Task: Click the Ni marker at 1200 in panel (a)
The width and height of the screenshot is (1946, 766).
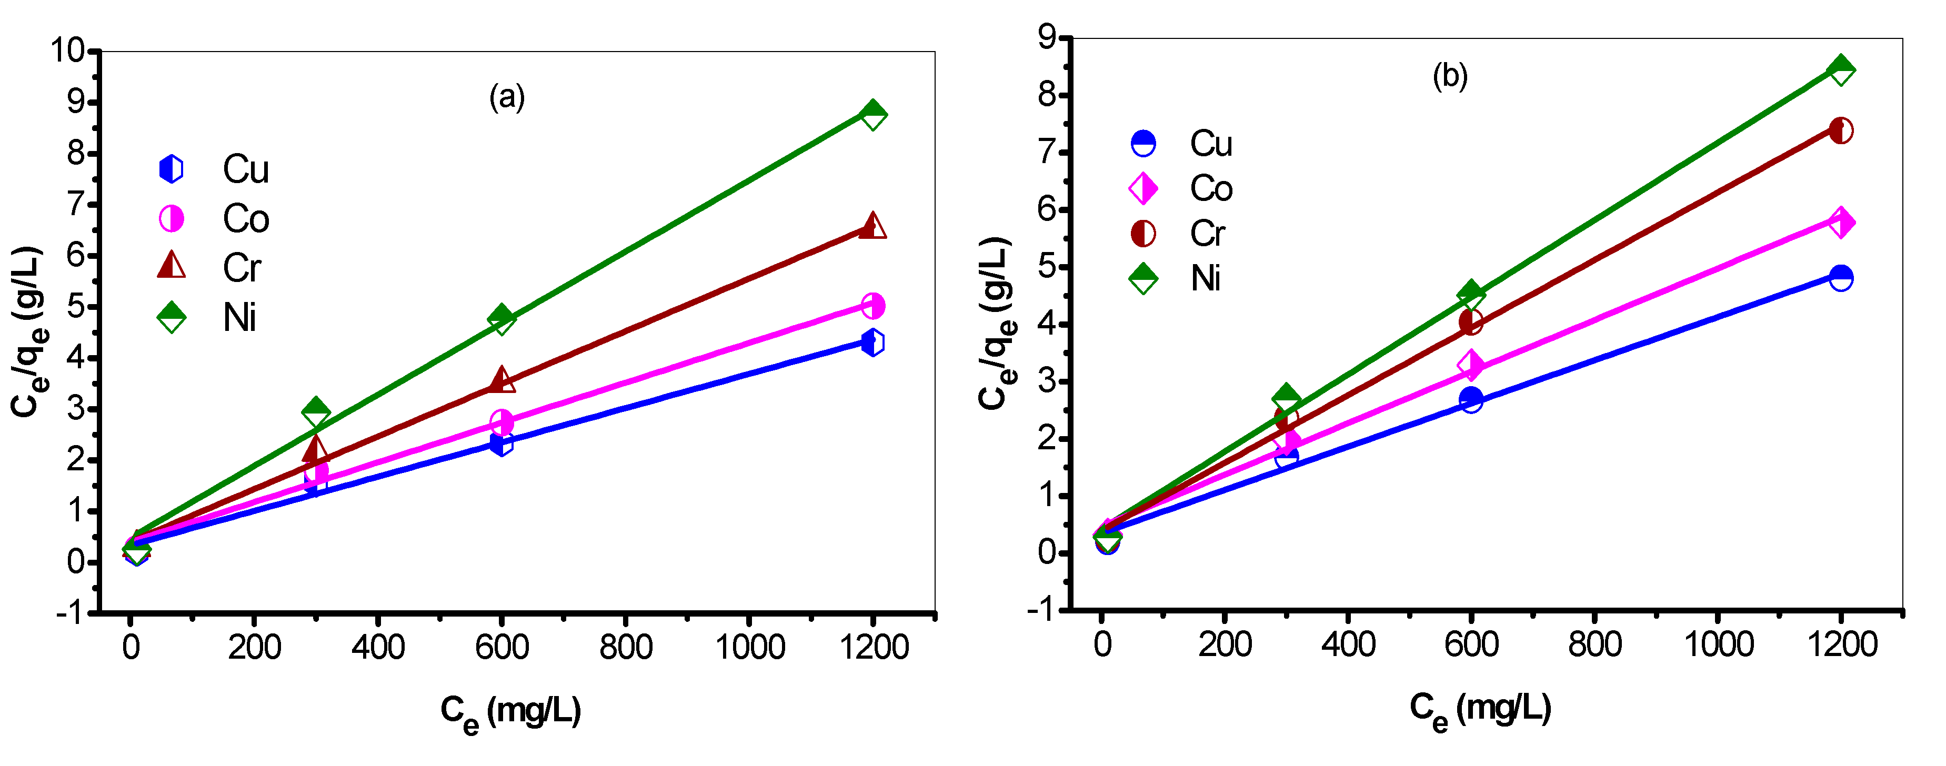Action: (x=872, y=115)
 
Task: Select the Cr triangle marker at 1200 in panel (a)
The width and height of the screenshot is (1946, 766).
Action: (x=872, y=226)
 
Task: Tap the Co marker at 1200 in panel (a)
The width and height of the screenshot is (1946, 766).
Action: (x=872, y=306)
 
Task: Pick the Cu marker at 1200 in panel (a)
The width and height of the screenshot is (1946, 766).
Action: (x=872, y=342)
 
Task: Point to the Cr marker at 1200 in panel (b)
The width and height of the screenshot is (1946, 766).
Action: (x=1841, y=130)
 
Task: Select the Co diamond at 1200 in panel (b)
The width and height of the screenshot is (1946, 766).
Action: (x=1841, y=222)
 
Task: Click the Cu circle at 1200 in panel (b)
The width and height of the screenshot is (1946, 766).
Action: (x=1841, y=278)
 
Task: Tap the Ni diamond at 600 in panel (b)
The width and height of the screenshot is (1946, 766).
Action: (x=1471, y=295)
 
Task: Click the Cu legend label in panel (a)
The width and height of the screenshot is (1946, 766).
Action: (x=246, y=169)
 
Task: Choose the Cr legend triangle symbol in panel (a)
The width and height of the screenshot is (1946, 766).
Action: (x=172, y=266)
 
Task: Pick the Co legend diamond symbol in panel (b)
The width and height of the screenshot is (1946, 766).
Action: (x=1143, y=188)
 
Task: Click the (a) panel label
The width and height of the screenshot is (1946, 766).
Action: (x=507, y=97)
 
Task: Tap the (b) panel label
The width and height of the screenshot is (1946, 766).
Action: (x=1450, y=76)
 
